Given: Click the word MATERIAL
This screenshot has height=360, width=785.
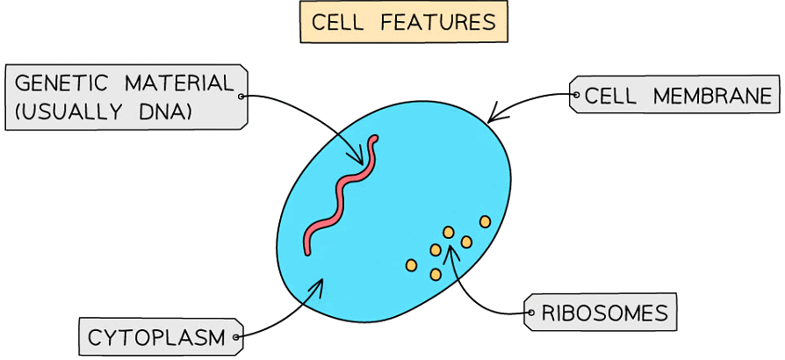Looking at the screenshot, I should tap(180, 84).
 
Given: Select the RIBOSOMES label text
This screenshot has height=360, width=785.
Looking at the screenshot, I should tap(604, 313).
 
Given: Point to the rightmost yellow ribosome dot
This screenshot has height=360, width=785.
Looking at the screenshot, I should tap(485, 221).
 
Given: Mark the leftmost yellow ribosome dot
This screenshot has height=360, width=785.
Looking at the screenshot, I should tap(411, 264).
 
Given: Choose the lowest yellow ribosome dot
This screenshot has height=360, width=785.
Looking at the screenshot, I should tap(436, 275).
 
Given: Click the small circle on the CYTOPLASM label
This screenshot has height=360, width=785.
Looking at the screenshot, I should tap(235, 336).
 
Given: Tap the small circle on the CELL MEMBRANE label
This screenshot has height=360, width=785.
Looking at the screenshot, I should tap(576, 95).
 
